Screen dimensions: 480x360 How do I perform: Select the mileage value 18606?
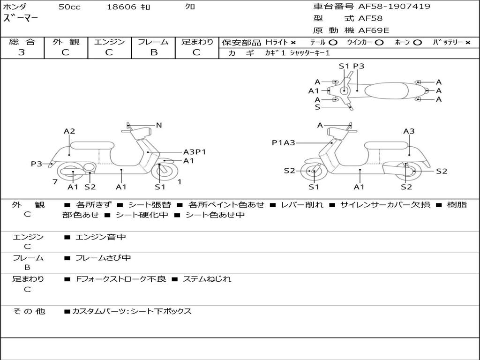[121, 7]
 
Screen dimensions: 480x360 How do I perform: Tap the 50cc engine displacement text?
[69, 7]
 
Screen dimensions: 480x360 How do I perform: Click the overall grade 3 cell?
[22, 52]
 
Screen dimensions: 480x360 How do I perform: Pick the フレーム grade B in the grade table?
[153, 52]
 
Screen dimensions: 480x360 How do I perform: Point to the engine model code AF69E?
[374, 31]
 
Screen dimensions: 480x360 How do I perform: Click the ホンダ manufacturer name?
[15, 7]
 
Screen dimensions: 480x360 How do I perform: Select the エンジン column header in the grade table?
[109, 42]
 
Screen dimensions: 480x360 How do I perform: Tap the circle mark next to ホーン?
[417, 42]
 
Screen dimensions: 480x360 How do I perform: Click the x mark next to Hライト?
[293, 42]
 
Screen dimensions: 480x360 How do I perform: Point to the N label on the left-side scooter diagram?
[159, 125]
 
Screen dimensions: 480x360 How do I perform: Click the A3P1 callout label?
[195, 152]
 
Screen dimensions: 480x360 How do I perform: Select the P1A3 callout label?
[283, 142]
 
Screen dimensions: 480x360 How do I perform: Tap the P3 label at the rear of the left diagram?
[37, 164]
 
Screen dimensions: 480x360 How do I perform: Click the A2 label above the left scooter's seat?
[69, 131]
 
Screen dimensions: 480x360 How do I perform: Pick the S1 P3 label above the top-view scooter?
[351, 66]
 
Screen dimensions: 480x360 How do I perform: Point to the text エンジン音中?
[101, 237]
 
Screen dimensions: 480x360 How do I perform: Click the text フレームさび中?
[103, 258]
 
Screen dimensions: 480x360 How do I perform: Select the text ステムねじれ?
[207, 279]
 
